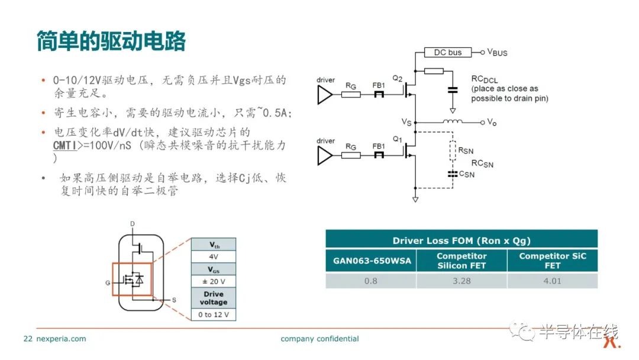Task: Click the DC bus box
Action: click(447, 52)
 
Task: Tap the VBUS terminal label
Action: click(497, 53)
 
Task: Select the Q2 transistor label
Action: click(398, 78)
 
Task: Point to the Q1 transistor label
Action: click(398, 139)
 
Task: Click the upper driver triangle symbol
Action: click(325, 95)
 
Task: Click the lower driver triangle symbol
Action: click(325, 156)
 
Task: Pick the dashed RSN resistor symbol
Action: click(453, 150)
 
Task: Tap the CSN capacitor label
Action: click(467, 174)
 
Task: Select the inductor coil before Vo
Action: click(453, 121)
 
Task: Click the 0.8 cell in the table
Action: click(371, 281)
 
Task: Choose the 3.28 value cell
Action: click(461, 281)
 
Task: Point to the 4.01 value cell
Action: click(552, 281)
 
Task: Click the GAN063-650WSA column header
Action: click(372, 261)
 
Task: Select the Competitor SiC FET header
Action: click(552, 261)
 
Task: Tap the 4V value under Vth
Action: click(214, 256)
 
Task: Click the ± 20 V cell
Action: click(214, 281)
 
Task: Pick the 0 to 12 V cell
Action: click(214, 315)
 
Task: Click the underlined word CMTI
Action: click(65, 146)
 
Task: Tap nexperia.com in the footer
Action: click(61, 339)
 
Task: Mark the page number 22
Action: click(28, 339)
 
